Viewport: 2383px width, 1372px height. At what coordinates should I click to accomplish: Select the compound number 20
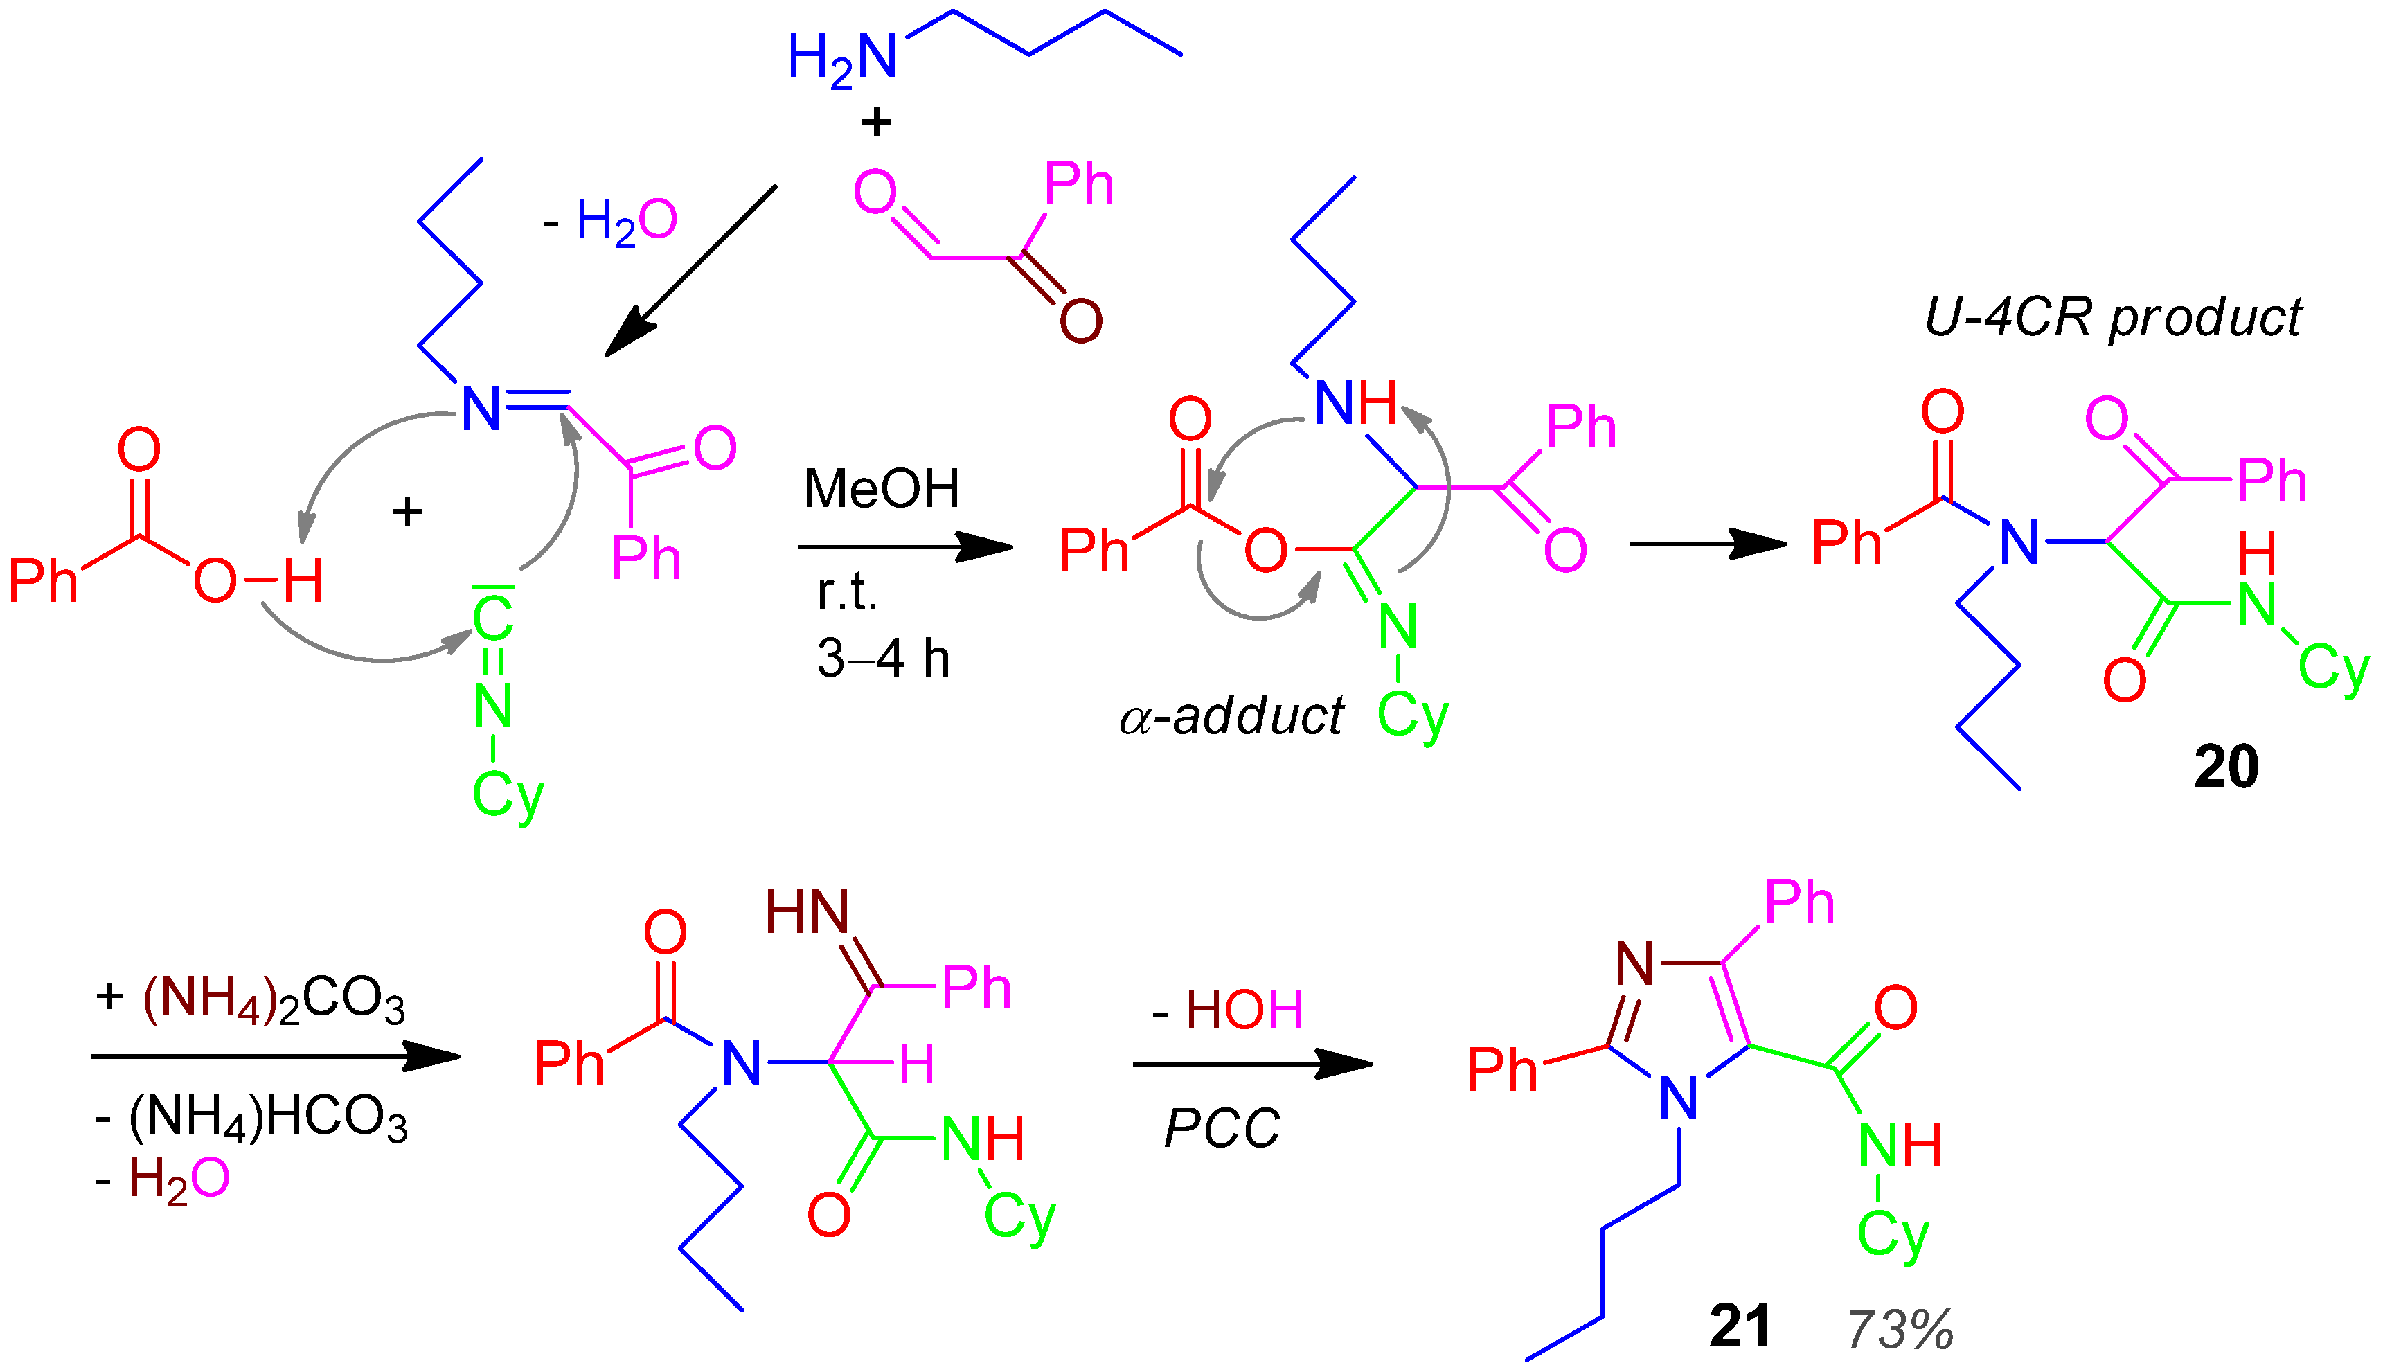(2226, 767)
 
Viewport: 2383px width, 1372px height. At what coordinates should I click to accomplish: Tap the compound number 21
(1740, 1327)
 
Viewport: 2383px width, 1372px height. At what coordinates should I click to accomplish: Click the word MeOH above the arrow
(881, 489)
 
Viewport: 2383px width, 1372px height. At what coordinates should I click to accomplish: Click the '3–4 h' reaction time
(883, 658)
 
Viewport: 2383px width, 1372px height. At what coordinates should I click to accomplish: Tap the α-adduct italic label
(1231, 716)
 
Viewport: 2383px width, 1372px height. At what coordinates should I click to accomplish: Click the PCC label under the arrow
(1222, 1128)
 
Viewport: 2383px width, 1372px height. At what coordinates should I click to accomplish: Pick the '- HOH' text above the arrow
(1227, 1010)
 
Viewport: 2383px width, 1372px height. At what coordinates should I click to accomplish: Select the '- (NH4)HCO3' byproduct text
(251, 1119)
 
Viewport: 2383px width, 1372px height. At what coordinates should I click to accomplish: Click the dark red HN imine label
(807, 912)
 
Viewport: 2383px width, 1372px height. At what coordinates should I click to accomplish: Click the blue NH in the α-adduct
(1355, 403)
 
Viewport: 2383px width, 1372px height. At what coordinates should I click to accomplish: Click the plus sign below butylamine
(876, 123)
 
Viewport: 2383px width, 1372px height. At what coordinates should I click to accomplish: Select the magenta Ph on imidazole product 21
(1799, 902)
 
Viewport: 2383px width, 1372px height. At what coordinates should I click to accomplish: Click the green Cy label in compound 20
(2333, 668)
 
